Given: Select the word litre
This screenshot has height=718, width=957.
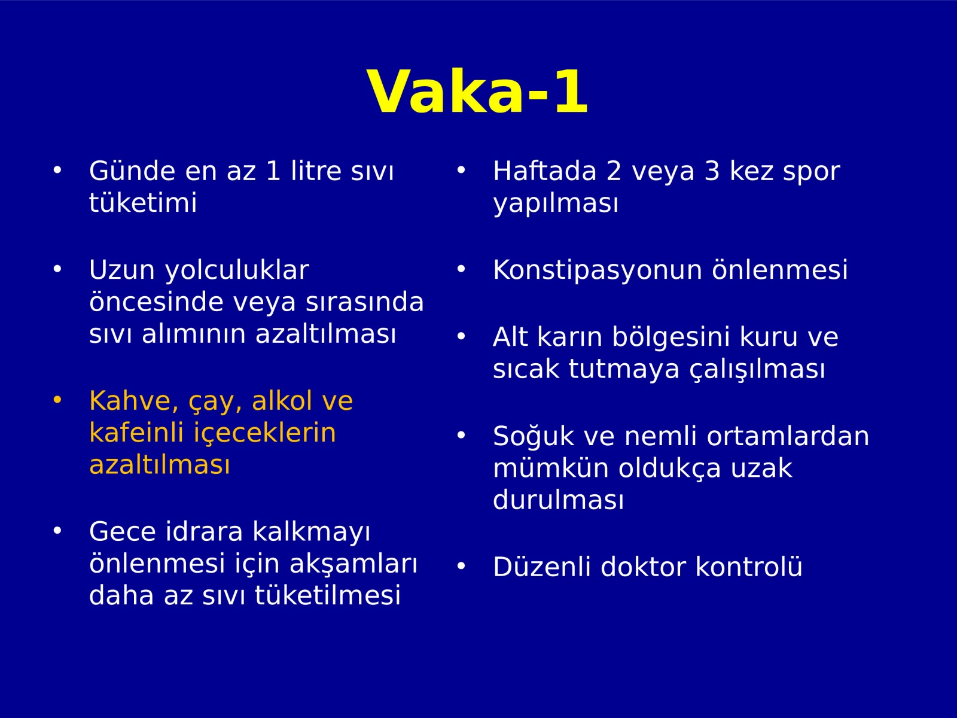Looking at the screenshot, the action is coord(316,171).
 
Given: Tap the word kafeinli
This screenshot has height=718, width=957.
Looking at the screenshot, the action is coord(136,433).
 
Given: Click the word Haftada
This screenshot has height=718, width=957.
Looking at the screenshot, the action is coord(544,171).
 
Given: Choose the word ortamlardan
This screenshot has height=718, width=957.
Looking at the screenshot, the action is coord(788,436).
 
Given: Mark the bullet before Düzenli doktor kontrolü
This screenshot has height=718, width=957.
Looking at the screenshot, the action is coord(461,566).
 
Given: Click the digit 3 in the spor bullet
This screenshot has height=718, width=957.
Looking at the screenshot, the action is coord(712,171).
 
